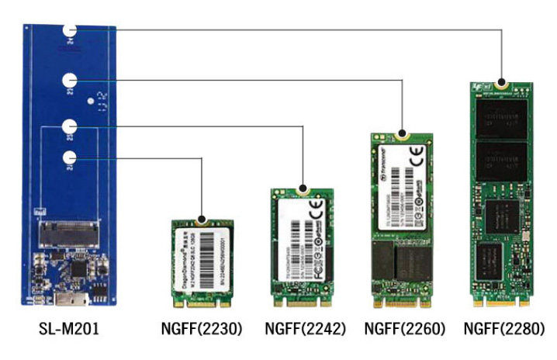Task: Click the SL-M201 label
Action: [69, 329]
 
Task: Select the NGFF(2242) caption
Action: [305, 329]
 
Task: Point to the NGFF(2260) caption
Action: [404, 329]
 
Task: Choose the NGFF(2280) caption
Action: [503, 329]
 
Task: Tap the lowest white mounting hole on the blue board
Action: [71, 158]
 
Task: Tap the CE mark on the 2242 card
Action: [317, 209]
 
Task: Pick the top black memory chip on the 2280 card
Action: [503, 114]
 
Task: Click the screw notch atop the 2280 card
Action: [502, 81]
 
